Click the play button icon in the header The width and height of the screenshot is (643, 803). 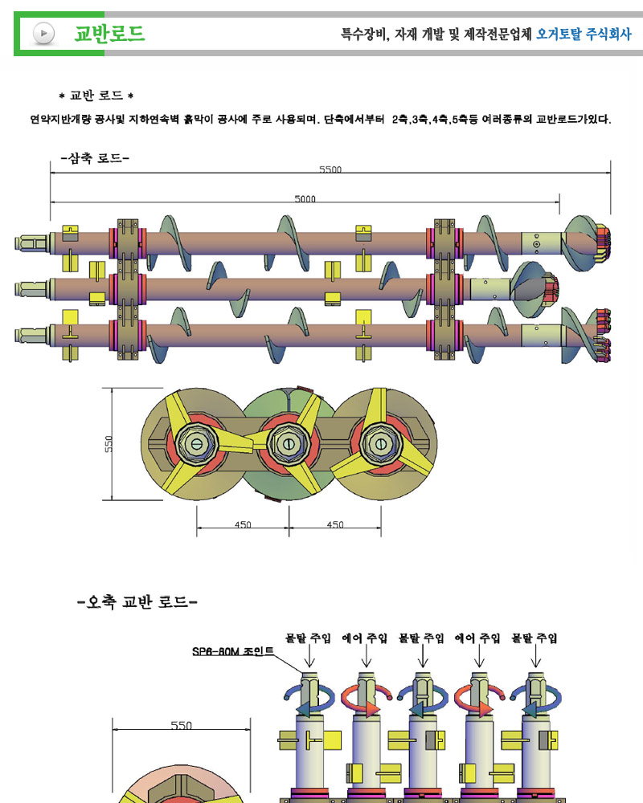click(x=44, y=33)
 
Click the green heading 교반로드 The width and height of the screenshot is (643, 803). click(x=109, y=33)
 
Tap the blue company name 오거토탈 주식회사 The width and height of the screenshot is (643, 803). click(x=584, y=34)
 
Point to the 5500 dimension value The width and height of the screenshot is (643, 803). click(x=330, y=169)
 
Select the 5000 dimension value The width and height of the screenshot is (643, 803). click(x=305, y=198)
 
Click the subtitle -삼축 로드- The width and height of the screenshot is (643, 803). click(x=95, y=158)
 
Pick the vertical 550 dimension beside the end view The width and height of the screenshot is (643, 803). click(x=109, y=444)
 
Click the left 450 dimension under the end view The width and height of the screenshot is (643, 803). click(x=243, y=524)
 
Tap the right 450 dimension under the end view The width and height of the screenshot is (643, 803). click(x=335, y=524)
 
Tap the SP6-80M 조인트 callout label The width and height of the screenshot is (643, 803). click(x=233, y=651)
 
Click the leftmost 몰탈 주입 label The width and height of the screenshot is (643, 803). click(x=309, y=638)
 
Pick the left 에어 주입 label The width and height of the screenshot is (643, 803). click(x=366, y=638)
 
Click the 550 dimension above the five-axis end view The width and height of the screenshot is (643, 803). click(x=181, y=725)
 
